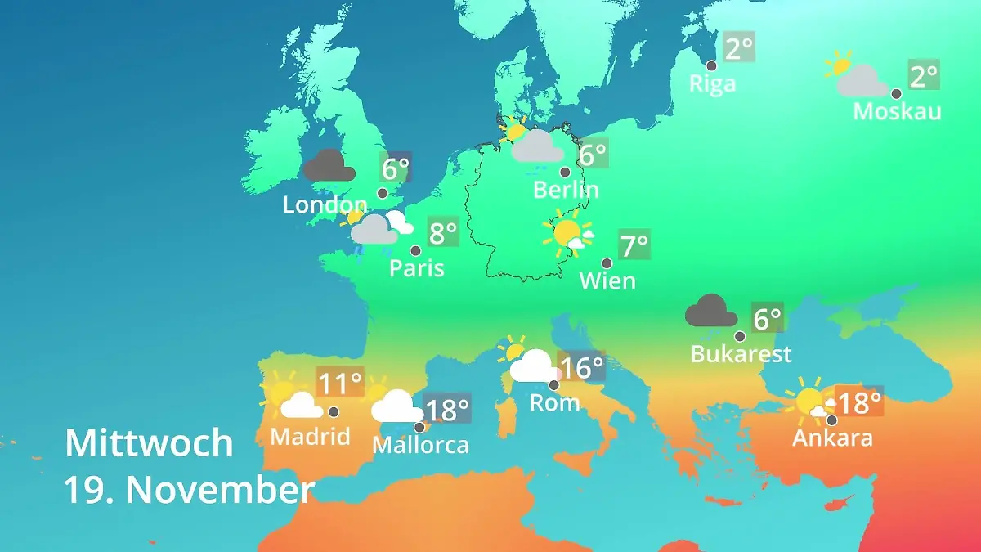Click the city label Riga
[x=712, y=83]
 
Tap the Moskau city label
[x=897, y=111]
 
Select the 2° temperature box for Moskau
[x=925, y=77]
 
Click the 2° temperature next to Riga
[x=739, y=48]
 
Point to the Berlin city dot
[x=565, y=173]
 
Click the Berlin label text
[x=566, y=191]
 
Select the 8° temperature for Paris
[x=443, y=234]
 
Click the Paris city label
[x=417, y=268]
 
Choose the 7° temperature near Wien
[x=634, y=245]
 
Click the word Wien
[x=607, y=281]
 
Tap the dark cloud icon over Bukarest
[x=711, y=312]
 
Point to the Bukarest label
[x=741, y=354]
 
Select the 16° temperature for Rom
[x=581, y=368]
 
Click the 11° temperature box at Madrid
[x=340, y=383]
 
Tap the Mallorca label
[x=420, y=446]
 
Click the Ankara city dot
[x=831, y=420]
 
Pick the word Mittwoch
[x=149, y=443]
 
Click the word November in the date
[x=220, y=491]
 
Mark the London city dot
[x=383, y=194]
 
